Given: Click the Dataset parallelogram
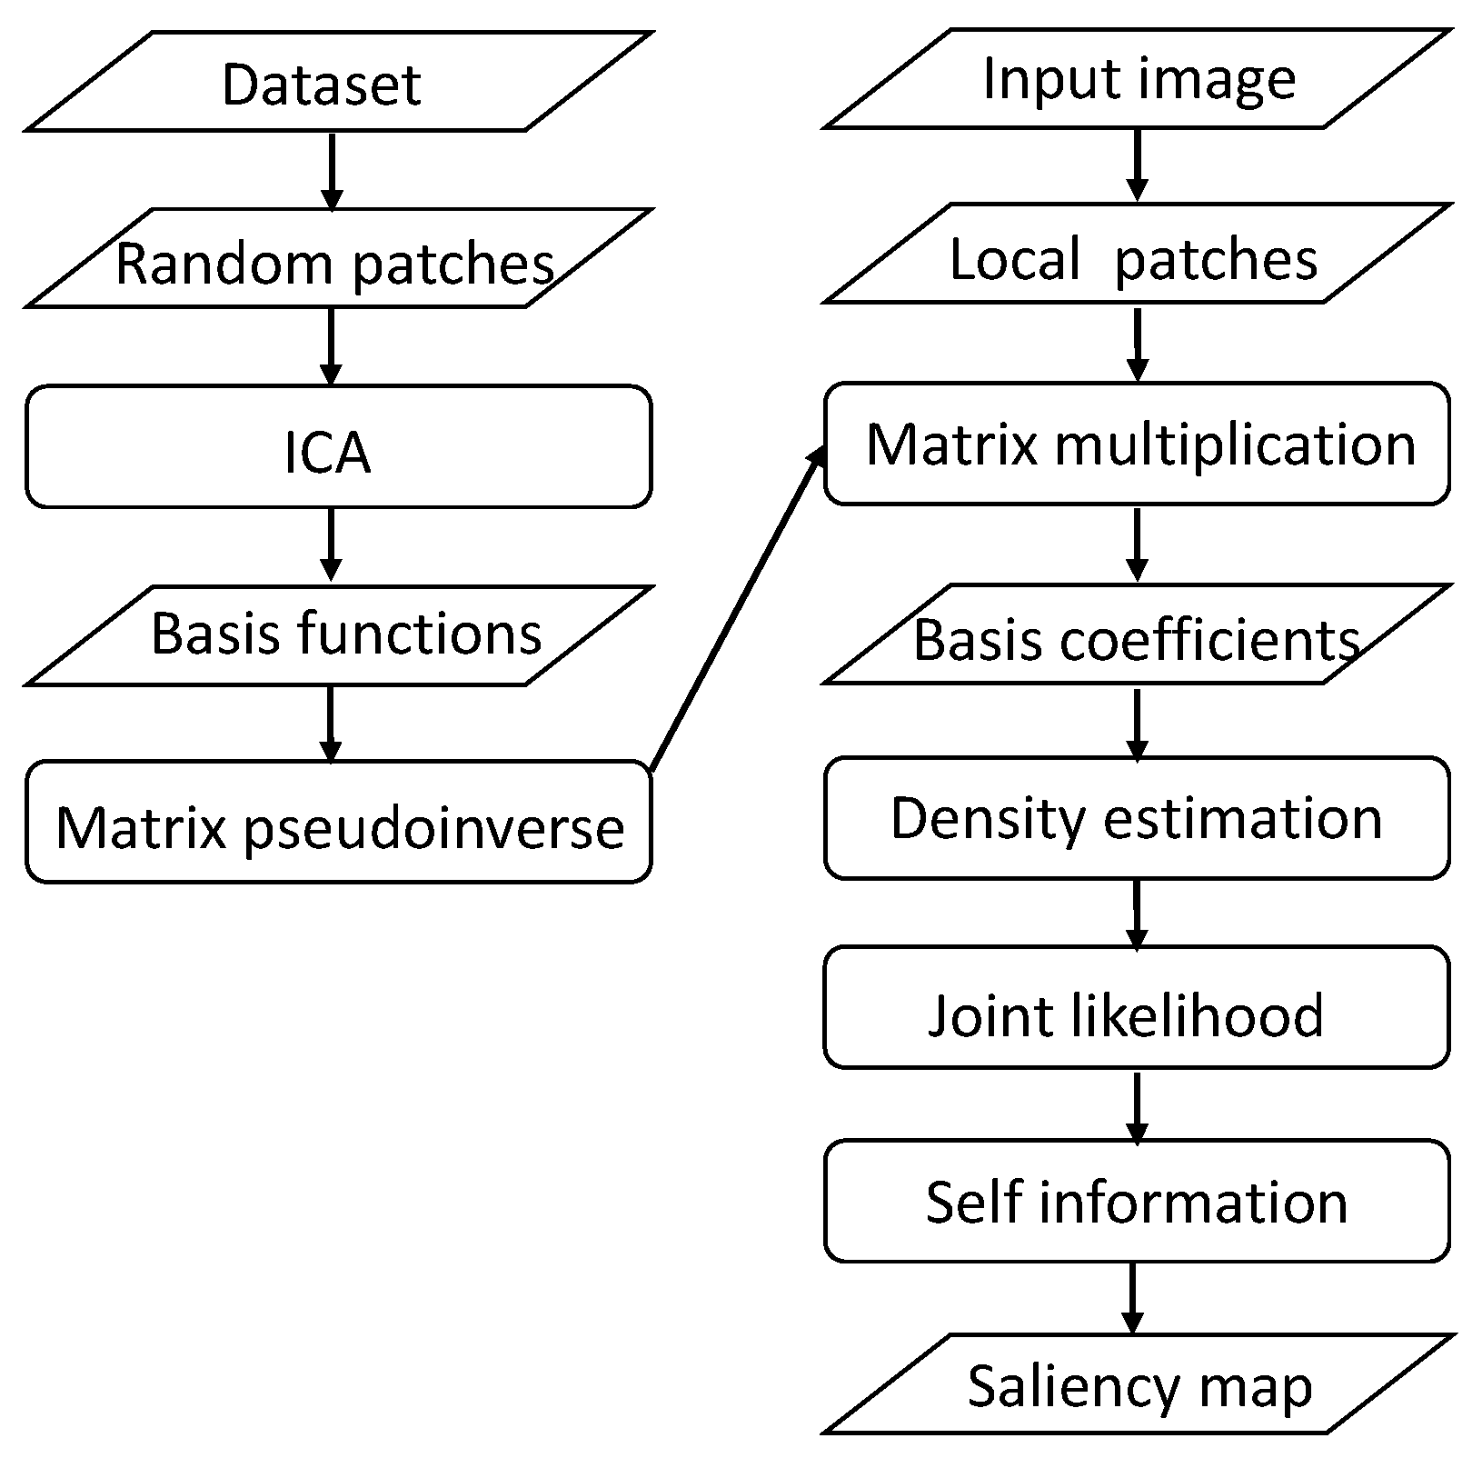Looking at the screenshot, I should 338,82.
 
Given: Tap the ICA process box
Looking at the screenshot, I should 338,446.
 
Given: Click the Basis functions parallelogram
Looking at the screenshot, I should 338,635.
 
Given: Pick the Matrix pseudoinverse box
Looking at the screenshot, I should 338,822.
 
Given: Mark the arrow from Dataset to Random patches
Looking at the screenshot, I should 333,170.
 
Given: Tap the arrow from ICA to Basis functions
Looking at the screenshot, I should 331,544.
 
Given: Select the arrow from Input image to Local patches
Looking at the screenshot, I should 1137,164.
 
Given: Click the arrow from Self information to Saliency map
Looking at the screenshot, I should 1132,1298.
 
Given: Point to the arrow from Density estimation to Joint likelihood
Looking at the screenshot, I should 1137,913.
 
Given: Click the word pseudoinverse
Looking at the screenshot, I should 434,829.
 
